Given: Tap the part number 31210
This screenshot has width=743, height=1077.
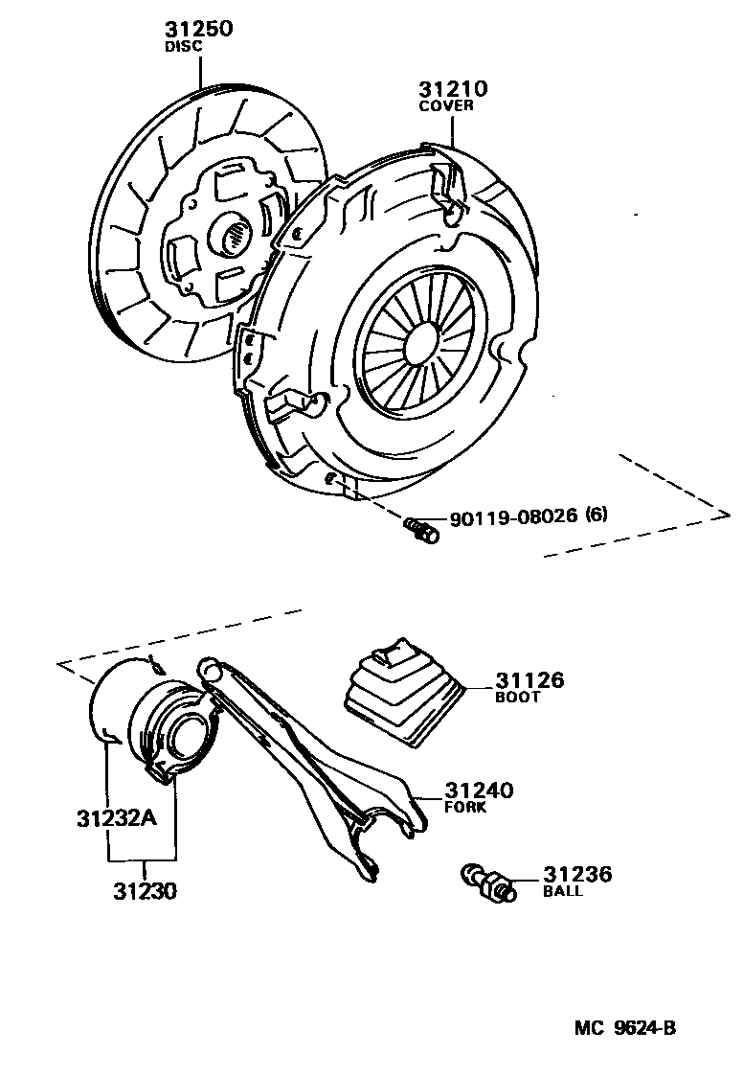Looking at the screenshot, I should [x=452, y=89].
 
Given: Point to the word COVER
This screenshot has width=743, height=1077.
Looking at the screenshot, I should [x=446, y=106].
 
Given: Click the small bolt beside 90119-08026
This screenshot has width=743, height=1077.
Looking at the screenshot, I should [x=421, y=528].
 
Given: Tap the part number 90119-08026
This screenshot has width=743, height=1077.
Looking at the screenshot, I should [x=513, y=516].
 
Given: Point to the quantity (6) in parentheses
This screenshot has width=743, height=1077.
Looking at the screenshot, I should [x=596, y=515].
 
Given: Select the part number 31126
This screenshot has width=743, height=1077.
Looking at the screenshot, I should [x=529, y=681].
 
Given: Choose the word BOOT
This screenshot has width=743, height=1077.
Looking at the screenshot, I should [x=518, y=698].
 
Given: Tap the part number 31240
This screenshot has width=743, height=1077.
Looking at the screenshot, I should [x=479, y=791].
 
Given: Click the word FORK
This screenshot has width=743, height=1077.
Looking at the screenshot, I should [x=465, y=808].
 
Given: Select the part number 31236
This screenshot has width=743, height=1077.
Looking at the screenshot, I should [x=577, y=874].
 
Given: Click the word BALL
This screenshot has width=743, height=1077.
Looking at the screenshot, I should [x=563, y=891].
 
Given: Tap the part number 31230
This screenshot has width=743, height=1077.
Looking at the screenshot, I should [x=145, y=891].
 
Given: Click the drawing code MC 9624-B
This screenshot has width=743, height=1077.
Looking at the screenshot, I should [x=626, y=1028].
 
